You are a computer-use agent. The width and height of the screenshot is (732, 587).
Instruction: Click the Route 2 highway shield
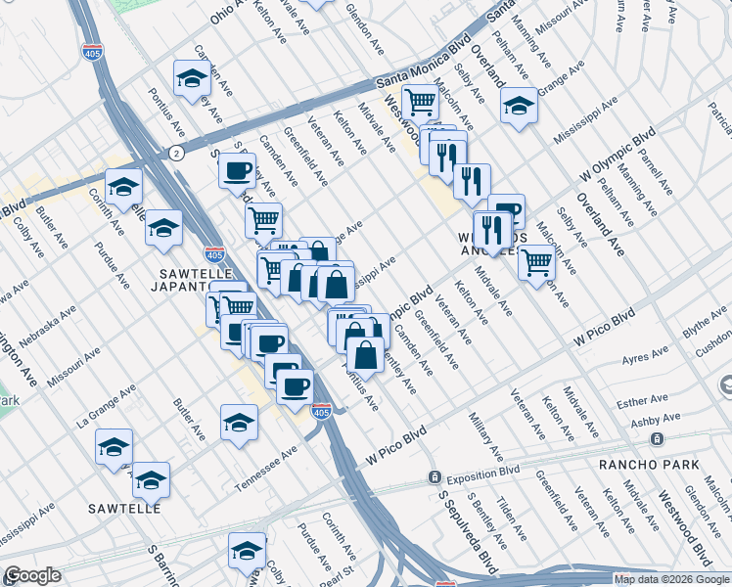(x=175, y=153)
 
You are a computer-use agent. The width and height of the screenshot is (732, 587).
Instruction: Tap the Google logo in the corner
(x=32, y=575)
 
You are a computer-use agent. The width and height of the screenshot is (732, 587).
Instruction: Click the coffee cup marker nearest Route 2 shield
(x=236, y=172)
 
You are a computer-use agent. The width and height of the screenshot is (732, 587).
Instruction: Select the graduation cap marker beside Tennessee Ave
(x=238, y=424)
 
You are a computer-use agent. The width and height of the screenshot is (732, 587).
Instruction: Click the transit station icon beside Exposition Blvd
(x=433, y=477)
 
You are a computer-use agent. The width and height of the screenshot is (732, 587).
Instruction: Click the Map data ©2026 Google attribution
(x=671, y=579)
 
